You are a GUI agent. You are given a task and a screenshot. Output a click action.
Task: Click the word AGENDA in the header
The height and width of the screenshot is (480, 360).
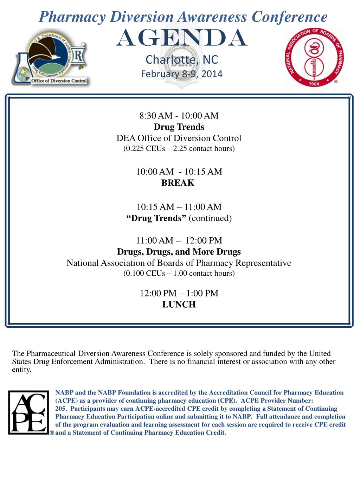click(181, 39)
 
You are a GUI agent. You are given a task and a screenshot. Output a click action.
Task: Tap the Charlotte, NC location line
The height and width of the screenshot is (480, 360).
click(182, 60)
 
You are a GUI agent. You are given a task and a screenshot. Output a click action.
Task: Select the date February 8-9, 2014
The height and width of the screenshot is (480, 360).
click(181, 74)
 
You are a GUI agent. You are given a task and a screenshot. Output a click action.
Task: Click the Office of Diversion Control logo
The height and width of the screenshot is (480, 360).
click(51, 57)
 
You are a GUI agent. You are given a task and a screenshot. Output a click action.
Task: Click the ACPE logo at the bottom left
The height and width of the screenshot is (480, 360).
click(28, 412)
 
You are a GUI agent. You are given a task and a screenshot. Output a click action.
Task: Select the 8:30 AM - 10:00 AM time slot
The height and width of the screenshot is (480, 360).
click(179, 116)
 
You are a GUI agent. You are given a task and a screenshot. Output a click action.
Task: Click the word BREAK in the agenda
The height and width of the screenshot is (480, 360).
click(178, 183)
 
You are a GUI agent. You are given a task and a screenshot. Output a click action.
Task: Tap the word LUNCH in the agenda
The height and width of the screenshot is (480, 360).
click(179, 305)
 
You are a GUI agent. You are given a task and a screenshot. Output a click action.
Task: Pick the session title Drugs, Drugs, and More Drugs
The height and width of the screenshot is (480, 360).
click(179, 252)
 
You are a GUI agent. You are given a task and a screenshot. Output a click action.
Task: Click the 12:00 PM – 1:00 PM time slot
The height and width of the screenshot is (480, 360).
click(179, 293)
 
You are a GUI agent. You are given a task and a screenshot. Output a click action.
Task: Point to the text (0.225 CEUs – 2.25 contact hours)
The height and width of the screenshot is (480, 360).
click(179, 148)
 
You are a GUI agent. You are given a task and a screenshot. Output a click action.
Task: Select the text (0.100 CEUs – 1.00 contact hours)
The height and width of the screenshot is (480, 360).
click(179, 273)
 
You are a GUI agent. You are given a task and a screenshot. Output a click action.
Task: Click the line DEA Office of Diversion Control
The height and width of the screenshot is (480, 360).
click(179, 138)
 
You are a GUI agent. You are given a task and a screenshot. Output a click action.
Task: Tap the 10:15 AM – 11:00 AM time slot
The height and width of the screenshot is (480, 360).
click(179, 207)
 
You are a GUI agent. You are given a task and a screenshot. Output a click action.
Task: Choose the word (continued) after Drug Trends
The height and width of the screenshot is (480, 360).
click(210, 218)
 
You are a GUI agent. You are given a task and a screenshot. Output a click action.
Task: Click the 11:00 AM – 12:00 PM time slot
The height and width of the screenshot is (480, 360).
click(179, 241)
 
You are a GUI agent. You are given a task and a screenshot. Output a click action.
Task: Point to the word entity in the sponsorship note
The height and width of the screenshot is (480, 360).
click(22, 370)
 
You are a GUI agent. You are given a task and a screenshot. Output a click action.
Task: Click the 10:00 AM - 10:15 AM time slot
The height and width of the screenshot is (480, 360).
click(179, 172)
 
